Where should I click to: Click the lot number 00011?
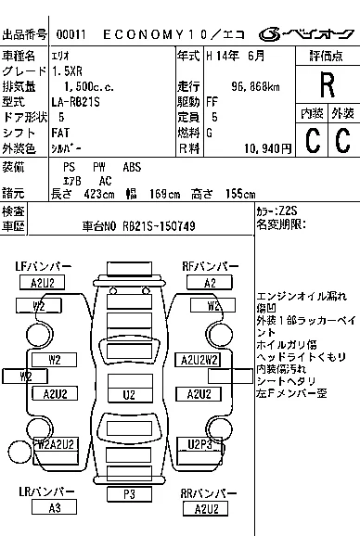[69, 35]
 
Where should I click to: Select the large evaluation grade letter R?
[327, 85]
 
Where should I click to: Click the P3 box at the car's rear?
[130, 494]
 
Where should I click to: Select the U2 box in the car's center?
[130, 394]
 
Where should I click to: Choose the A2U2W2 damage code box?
[199, 359]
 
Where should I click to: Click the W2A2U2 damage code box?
[56, 444]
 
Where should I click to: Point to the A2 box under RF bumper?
[210, 283]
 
